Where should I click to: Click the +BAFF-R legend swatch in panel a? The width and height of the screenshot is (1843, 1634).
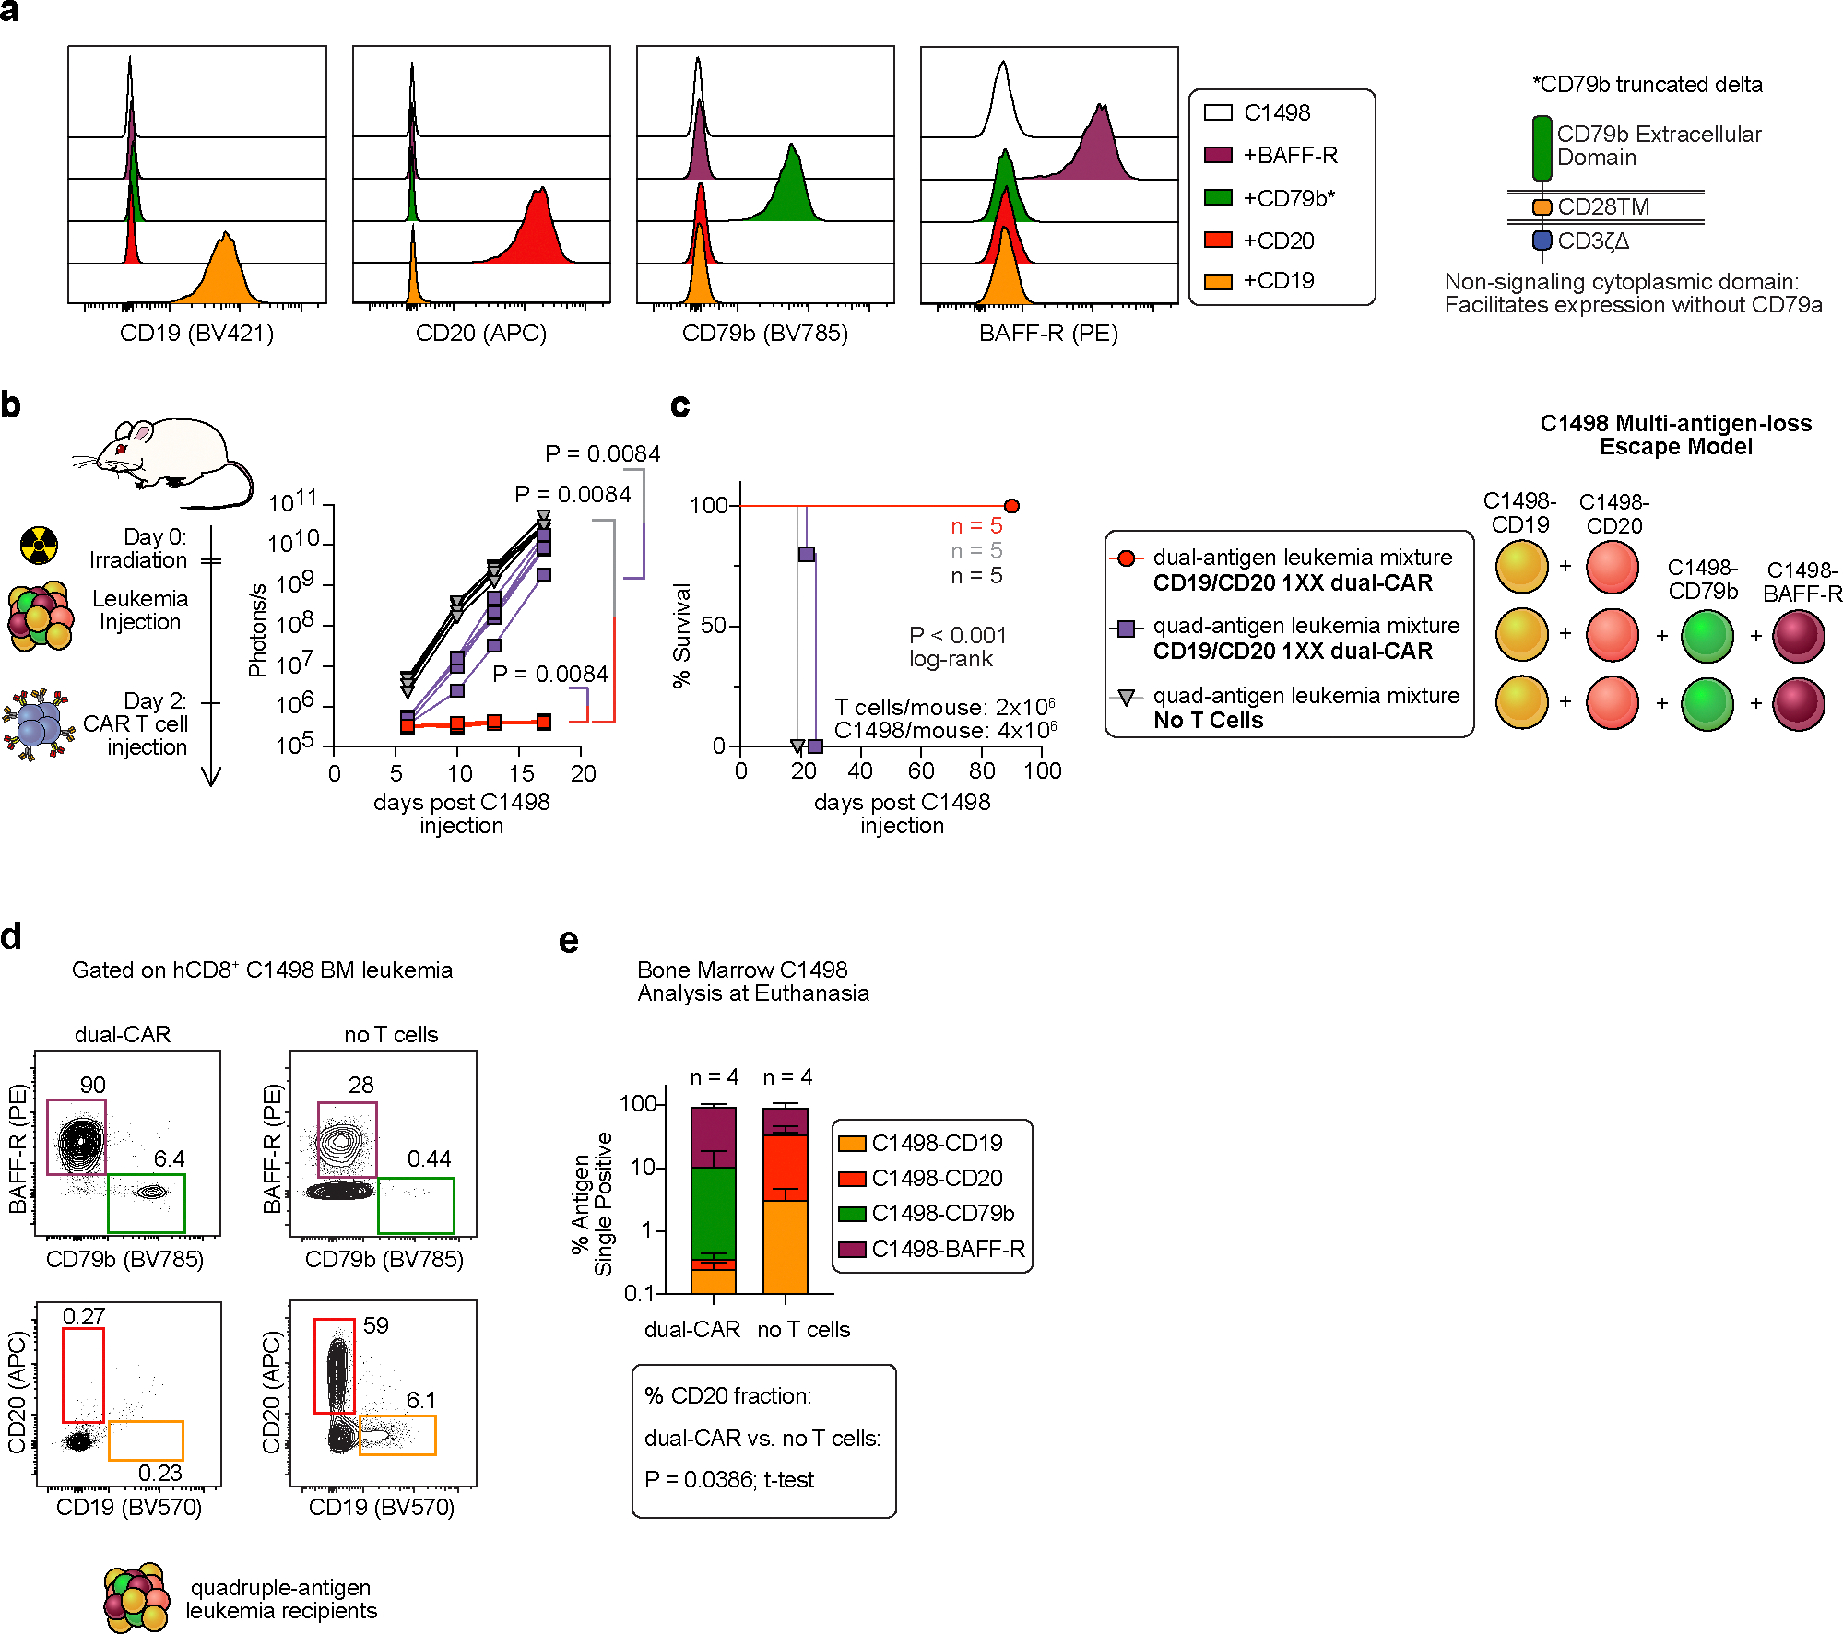point(1218,155)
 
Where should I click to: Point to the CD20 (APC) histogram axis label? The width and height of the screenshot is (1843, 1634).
point(480,333)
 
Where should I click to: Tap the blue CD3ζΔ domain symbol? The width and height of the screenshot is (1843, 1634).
point(1542,241)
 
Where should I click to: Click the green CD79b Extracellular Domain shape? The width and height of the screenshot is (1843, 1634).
point(1542,147)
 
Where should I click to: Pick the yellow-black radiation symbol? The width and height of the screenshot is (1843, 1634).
point(39,546)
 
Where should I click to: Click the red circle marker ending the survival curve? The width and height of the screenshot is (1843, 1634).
point(1011,506)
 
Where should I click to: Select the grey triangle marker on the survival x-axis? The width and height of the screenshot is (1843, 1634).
point(798,746)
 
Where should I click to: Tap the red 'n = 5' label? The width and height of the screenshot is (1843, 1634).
point(976,526)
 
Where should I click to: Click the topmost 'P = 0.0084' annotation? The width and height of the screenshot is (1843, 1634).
point(602,453)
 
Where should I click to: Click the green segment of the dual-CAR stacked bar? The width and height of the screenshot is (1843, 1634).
point(714,1212)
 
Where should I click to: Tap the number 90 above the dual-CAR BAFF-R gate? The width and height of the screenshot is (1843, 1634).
point(92,1085)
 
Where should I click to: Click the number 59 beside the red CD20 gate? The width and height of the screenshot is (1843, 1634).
point(375,1325)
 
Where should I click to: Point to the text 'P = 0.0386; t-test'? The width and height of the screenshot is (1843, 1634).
point(728,1479)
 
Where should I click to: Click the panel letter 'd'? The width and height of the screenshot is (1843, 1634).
point(11,937)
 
